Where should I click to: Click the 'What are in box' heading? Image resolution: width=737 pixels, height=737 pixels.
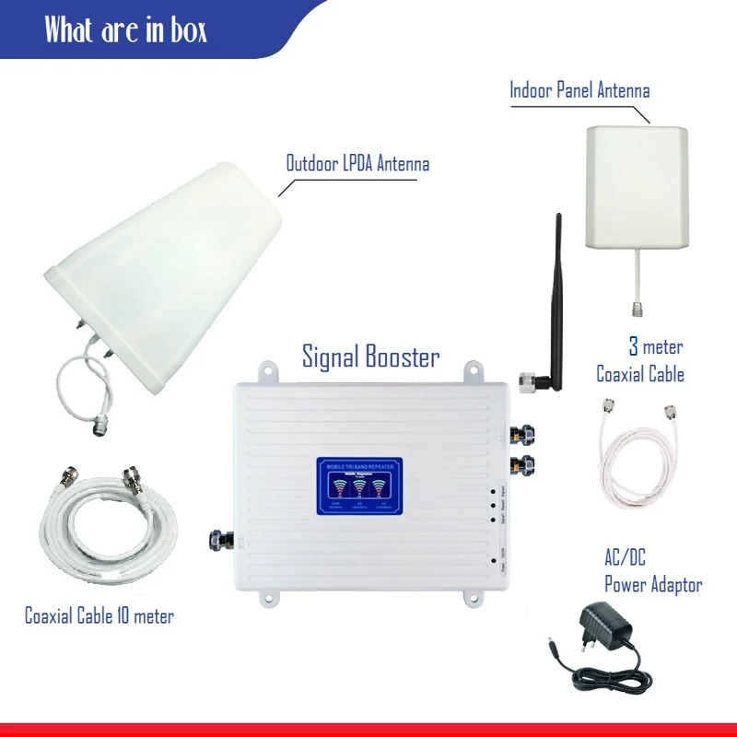[x=126, y=30]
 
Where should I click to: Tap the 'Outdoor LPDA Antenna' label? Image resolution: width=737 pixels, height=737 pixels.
[x=357, y=165]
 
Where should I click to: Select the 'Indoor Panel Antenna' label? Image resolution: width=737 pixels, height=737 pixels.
[x=579, y=90]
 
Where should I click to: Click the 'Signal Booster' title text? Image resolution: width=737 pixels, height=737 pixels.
[x=371, y=357]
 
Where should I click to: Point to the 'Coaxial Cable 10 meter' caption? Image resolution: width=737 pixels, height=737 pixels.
[x=99, y=615]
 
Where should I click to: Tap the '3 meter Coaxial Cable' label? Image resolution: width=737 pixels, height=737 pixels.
[x=641, y=361]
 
